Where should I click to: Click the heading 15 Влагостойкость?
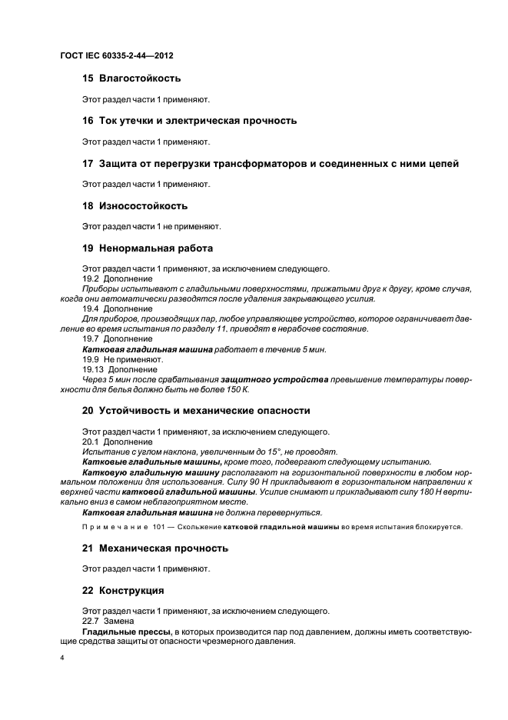pos(131,78)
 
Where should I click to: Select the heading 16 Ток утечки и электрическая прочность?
pos(189,121)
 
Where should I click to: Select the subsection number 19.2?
pos(90,278)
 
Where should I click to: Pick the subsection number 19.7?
pos(90,338)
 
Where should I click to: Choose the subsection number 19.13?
pos(92,368)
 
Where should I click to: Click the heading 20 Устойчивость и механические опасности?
pos(196,411)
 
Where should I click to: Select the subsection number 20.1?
pos(90,442)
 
